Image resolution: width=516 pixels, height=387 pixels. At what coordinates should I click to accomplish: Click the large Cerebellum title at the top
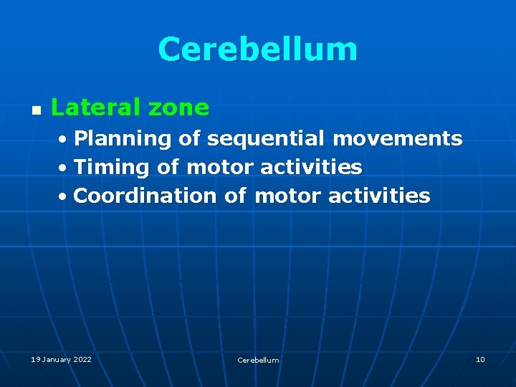pyautogui.click(x=257, y=49)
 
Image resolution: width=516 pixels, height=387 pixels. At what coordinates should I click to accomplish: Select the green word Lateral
pyautogui.click(x=96, y=107)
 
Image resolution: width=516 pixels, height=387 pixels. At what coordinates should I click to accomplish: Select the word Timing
pyautogui.click(x=111, y=168)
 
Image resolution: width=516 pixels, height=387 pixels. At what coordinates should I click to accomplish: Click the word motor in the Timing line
pyautogui.click(x=220, y=168)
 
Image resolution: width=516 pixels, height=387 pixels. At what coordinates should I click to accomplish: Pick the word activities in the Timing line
pyautogui.click(x=311, y=167)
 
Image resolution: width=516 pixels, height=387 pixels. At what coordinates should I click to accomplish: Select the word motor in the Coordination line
pyautogui.click(x=288, y=196)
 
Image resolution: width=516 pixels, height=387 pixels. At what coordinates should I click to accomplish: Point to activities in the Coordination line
pyautogui.click(x=379, y=196)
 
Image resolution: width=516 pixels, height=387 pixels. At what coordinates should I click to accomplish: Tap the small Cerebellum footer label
pyautogui.click(x=258, y=360)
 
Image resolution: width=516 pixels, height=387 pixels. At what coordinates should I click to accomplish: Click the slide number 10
pyautogui.click(x=480, y=359)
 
